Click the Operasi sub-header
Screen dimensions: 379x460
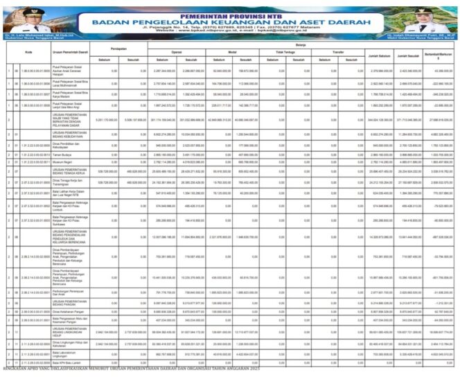(177, 51)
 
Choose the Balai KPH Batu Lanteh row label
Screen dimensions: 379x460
(67, 362)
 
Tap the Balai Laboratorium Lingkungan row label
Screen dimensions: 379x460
(67, 353)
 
